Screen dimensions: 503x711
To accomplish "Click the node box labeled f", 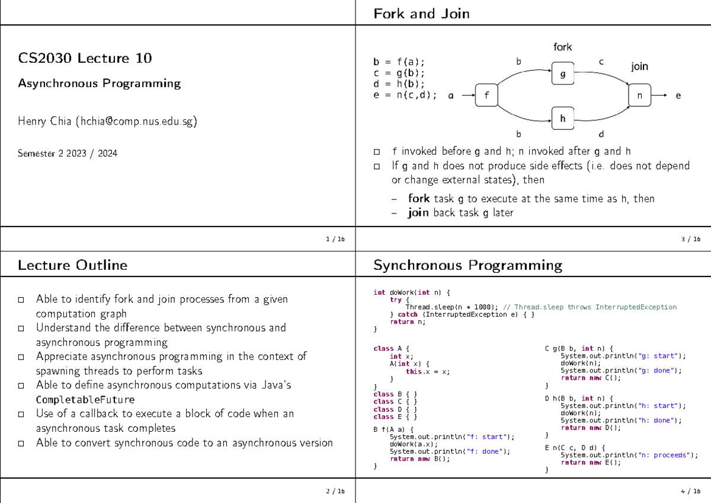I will click(487, 95).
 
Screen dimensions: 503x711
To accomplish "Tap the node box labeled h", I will click(563, 119).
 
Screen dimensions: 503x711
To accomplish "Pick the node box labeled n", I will click(639, 95).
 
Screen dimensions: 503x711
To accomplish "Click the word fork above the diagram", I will click(562, 47).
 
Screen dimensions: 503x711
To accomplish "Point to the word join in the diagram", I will click(639, 66).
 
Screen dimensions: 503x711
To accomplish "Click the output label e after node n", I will click(678, 95).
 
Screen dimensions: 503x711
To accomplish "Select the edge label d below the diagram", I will click(601, 134).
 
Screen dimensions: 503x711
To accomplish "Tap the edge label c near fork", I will click(601, 61).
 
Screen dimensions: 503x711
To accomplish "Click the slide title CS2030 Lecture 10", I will click(85, 58).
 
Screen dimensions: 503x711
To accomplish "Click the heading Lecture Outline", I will click(72, 265).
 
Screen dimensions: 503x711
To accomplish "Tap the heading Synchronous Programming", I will click(467, 265).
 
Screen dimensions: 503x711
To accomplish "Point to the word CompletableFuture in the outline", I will click(85, 399).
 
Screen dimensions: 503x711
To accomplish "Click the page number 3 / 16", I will click(691, 239).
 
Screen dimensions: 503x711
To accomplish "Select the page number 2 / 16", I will click(335, 491).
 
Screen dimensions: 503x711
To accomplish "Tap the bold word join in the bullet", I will click(418, 212).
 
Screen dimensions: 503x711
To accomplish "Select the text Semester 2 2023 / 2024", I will click(68, 154).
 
